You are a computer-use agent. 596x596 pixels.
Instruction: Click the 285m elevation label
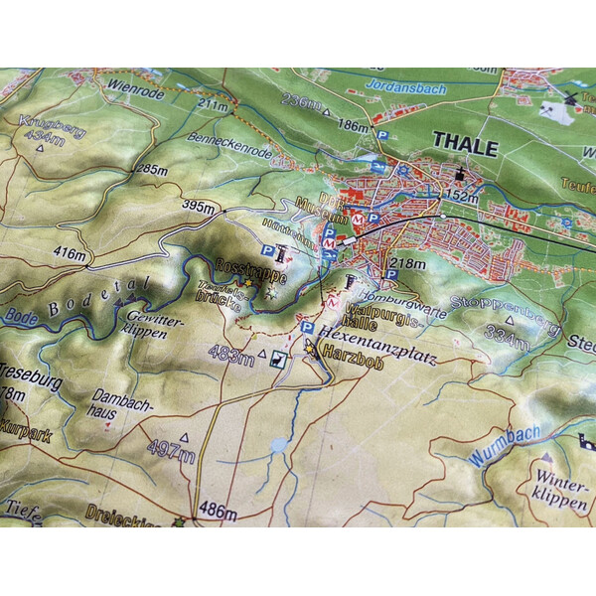pos(152,169)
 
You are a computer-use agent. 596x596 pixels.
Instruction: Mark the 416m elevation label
pos(71,255)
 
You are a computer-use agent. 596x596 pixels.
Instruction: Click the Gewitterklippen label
pos(148,323)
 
